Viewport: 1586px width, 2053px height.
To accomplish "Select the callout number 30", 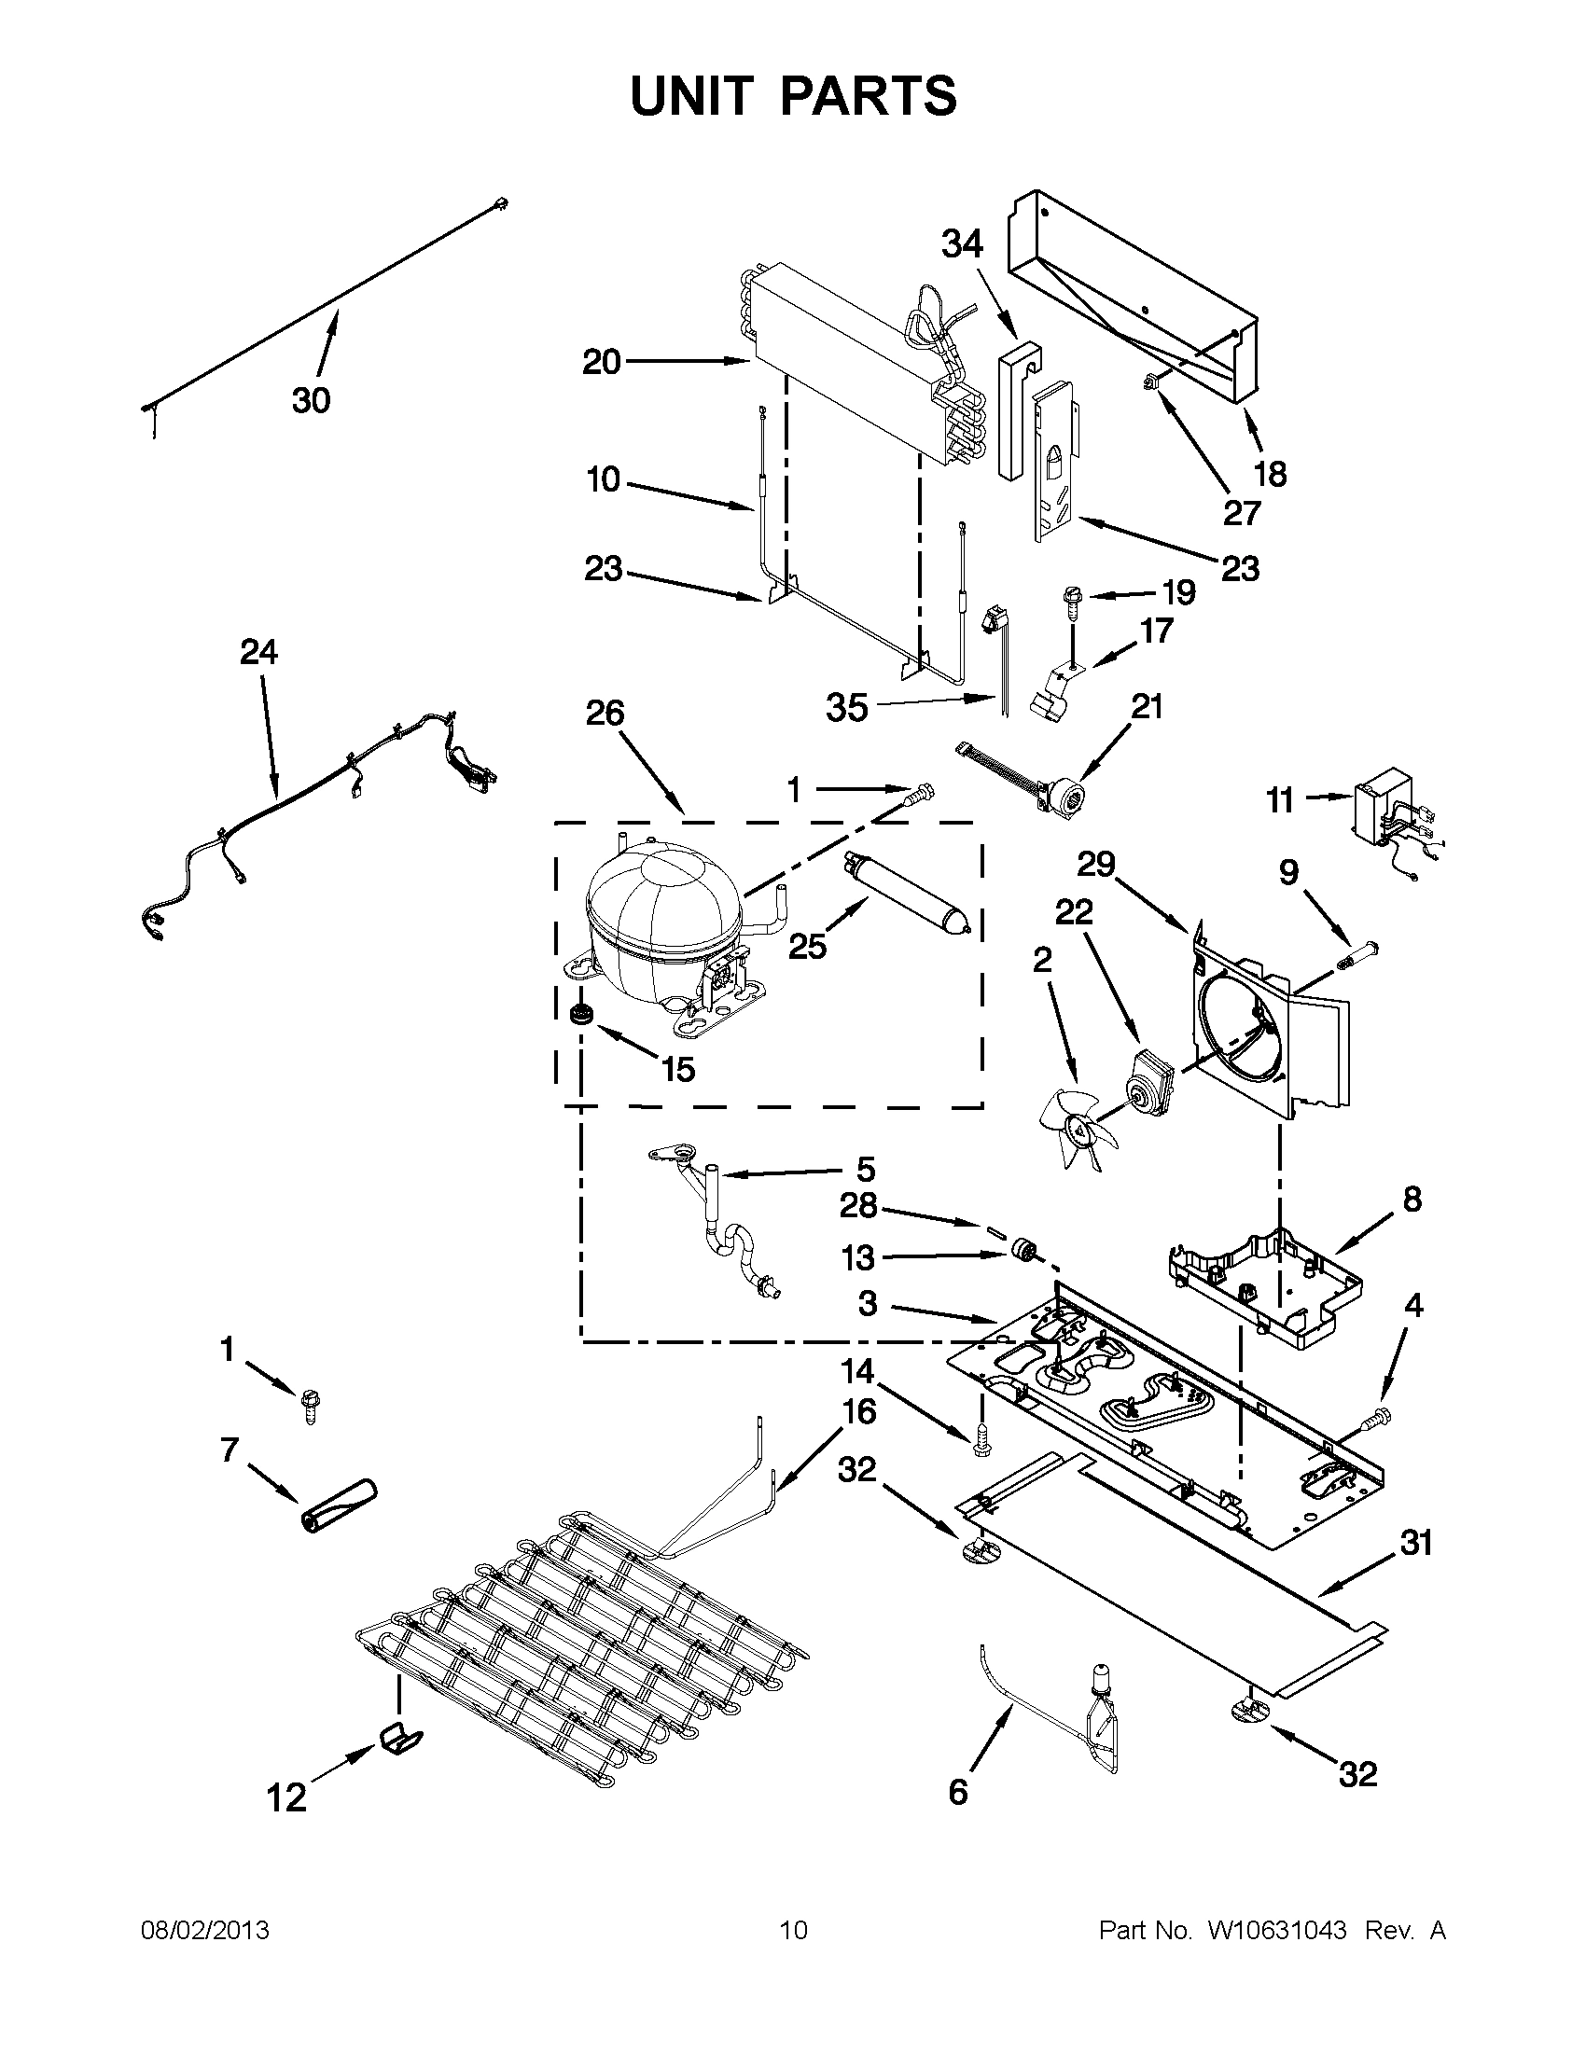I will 311,400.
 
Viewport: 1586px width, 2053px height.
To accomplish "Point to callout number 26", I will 605,714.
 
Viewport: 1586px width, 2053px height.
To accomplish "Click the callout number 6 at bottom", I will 957,1793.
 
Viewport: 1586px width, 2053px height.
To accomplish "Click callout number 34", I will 963,244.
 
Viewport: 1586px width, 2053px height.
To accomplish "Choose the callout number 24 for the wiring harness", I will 258,651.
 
